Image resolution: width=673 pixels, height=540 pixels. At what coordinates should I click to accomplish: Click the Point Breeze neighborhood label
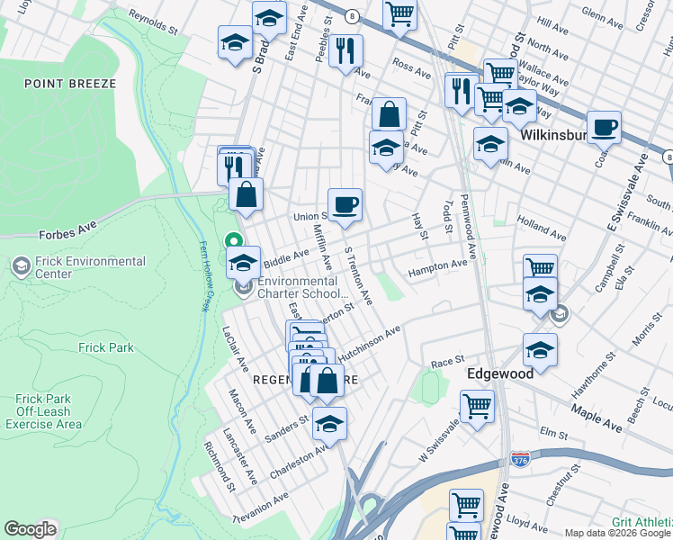(70, 84)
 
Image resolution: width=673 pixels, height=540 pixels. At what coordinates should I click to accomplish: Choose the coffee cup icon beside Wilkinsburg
(604, 127)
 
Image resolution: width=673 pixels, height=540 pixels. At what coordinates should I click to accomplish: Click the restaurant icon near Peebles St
(345, 52)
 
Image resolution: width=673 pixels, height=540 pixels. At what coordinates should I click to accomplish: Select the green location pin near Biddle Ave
(233, 241)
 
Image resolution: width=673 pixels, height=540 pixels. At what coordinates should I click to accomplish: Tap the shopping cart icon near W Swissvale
(477, 406)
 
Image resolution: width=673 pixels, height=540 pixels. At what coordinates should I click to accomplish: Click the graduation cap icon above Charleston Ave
(330, 424)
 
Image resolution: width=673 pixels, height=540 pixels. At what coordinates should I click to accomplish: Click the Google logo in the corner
(30, 529)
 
